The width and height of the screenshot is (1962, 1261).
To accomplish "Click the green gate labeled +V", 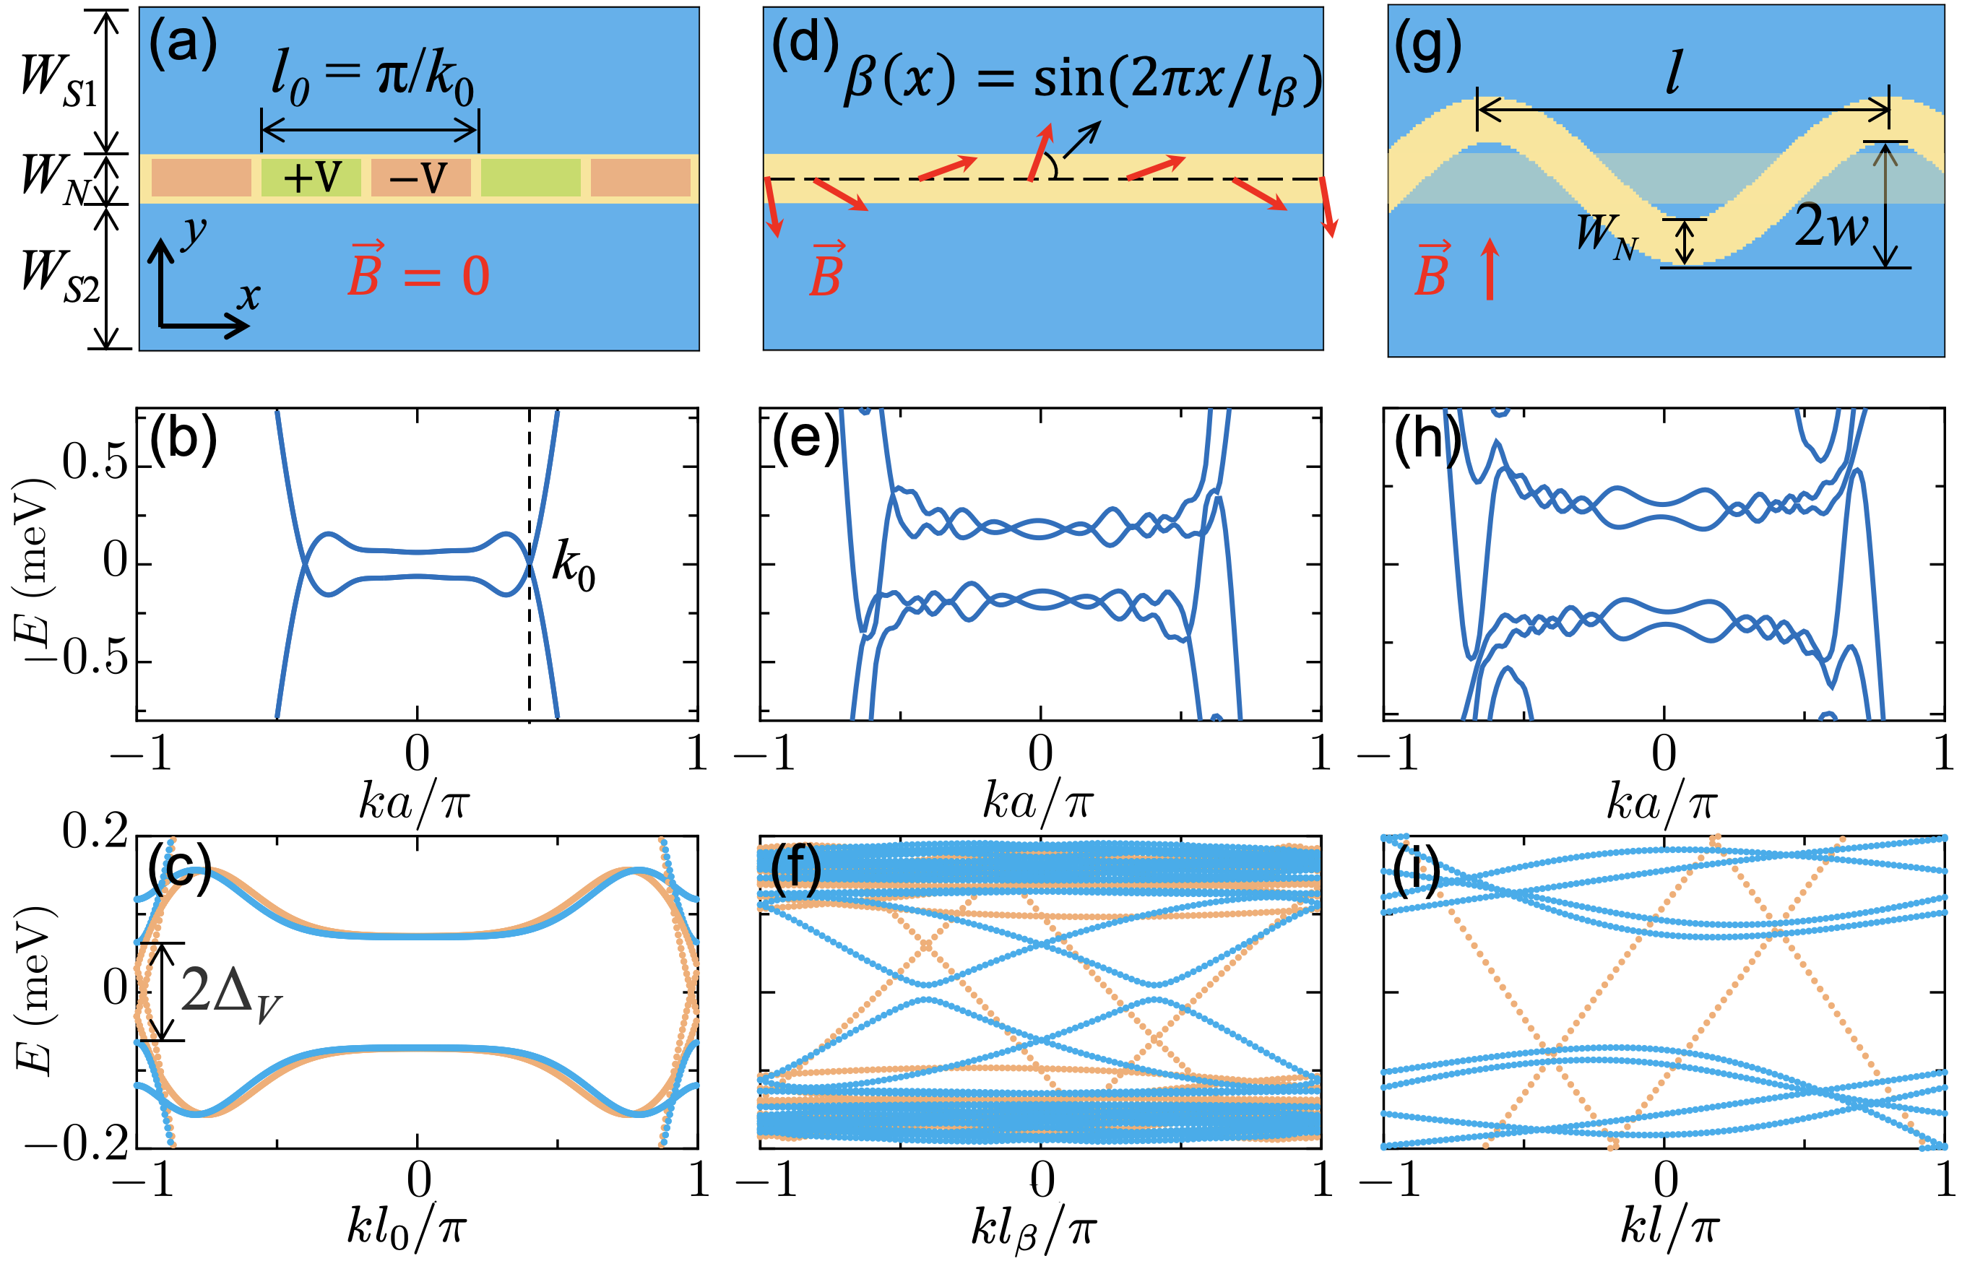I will point(311,177).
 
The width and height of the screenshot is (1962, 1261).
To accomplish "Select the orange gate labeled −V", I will point(420,177).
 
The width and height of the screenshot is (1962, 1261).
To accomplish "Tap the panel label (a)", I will point(183,43).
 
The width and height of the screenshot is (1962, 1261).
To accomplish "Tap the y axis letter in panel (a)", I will point(194,233).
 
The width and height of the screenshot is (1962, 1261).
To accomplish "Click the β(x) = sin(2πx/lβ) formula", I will point(1081,82).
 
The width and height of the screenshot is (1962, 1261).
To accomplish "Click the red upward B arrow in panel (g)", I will point(1490,269).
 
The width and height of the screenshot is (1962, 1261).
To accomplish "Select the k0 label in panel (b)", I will point(573,565).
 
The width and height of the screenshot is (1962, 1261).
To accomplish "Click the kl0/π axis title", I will point(406,1228).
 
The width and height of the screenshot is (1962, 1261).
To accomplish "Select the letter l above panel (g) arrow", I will point(1674,74).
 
